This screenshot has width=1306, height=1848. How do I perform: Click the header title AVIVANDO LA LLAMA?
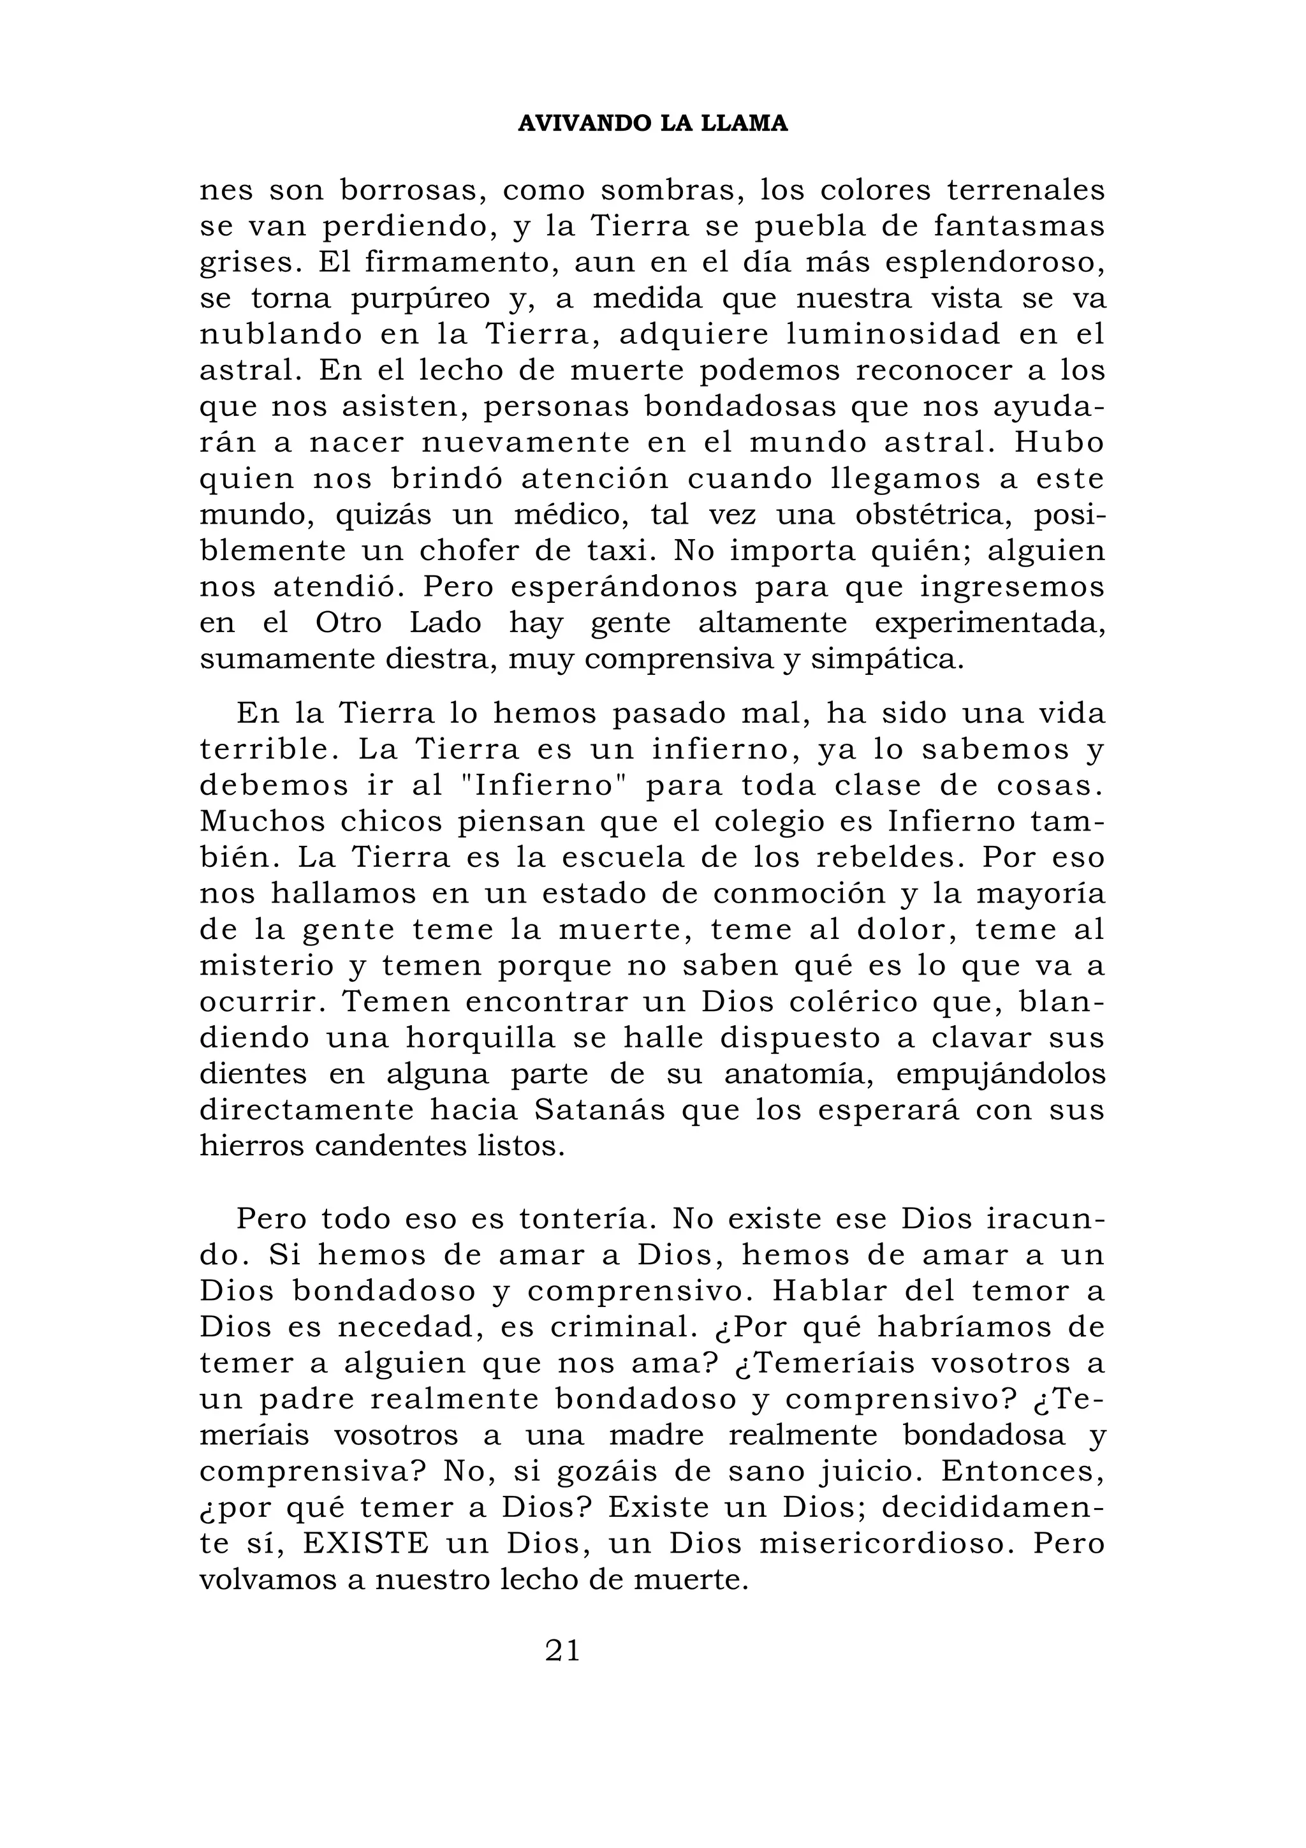[652, 123]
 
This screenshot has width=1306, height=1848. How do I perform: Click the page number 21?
[562, 1651]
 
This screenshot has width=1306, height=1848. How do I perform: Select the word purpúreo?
[420, 299]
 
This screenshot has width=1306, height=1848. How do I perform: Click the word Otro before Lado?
[348, 623]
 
